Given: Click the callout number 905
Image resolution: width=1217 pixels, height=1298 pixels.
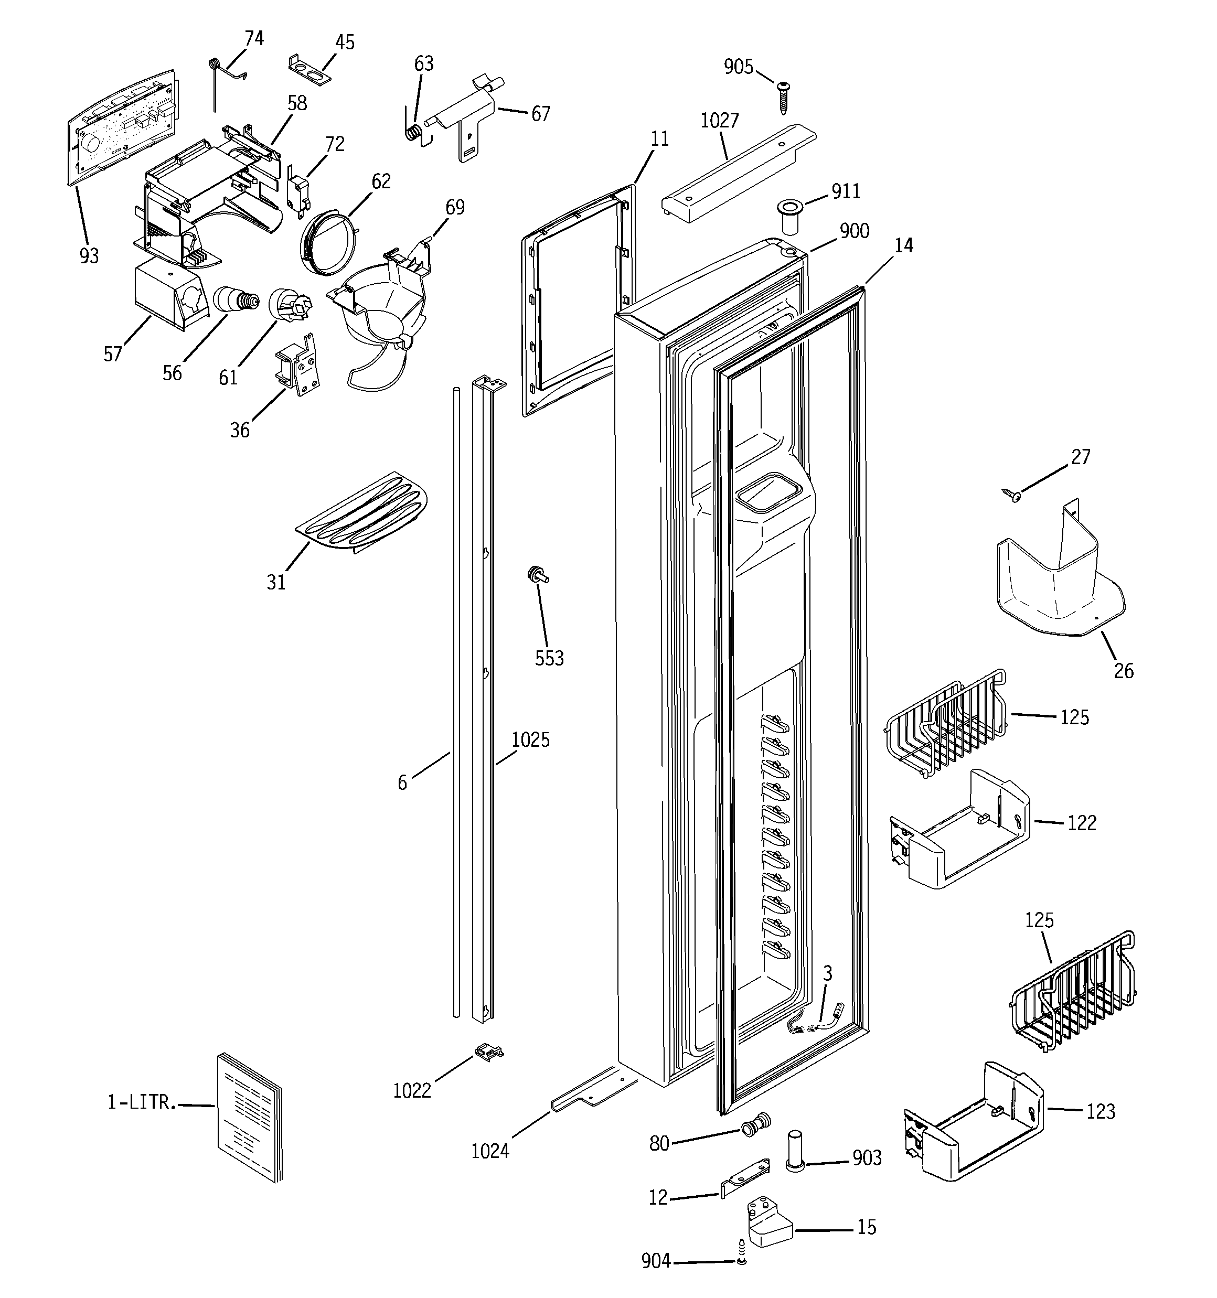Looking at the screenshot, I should coord(738,67).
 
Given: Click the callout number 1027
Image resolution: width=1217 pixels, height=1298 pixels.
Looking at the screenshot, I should coord(719,121).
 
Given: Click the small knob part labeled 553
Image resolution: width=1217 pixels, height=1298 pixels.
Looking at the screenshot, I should coord(538,575).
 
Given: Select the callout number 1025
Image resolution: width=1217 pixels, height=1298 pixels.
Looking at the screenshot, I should coord(530,740).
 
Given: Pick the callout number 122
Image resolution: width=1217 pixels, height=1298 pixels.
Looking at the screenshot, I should coord(1081,823).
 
